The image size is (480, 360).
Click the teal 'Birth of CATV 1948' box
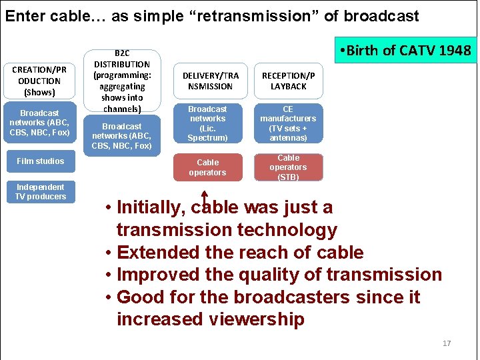pyautogui.click(x=405, y=50)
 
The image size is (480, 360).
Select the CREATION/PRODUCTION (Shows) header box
pyautogui.click(x=40, y=81)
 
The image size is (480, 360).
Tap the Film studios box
pyautogui.click(x=41, y=161)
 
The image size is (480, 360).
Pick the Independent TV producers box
pyautogui.click(x=41, y=192)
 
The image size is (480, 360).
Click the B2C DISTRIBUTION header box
pyautogui.click(x=123, y=80)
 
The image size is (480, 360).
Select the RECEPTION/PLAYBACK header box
pyautogui.click(x=288, y=81)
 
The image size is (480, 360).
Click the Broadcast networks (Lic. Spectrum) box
pyautogui.click(x=207, y=123)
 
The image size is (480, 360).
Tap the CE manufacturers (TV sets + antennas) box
pyautogui.click(x=288, y=123)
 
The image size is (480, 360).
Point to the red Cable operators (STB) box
pyautogui.click(x=288, y=167)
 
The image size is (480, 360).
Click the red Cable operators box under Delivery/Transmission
pyautogui.click(x=207, y=167)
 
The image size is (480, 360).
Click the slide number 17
pyautogui.click(x=447, y=343)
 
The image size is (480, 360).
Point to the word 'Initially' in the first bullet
pyautogui.click(x=149, y=207)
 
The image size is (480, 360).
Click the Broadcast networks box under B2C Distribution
pyautogui.click(x=123, y=136)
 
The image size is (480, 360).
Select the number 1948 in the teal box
pyautogui.click(x=455, y=50)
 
